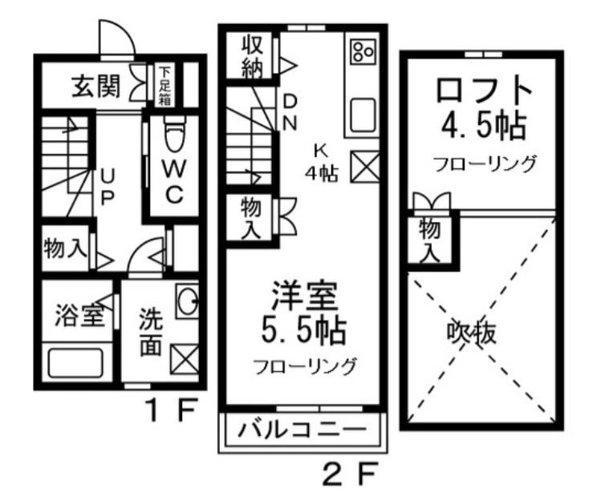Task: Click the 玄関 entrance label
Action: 97,86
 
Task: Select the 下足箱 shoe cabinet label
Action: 165,87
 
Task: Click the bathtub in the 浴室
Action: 75,362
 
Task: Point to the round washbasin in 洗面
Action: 188,301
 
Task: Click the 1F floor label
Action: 171,410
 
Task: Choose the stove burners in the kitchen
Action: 363,52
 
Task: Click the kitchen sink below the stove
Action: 363,115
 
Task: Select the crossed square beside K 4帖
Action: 364,166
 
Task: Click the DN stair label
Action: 290,112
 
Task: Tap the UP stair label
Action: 107,188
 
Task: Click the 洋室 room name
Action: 305,296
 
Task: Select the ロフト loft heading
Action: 485,90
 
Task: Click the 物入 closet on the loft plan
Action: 429,240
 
